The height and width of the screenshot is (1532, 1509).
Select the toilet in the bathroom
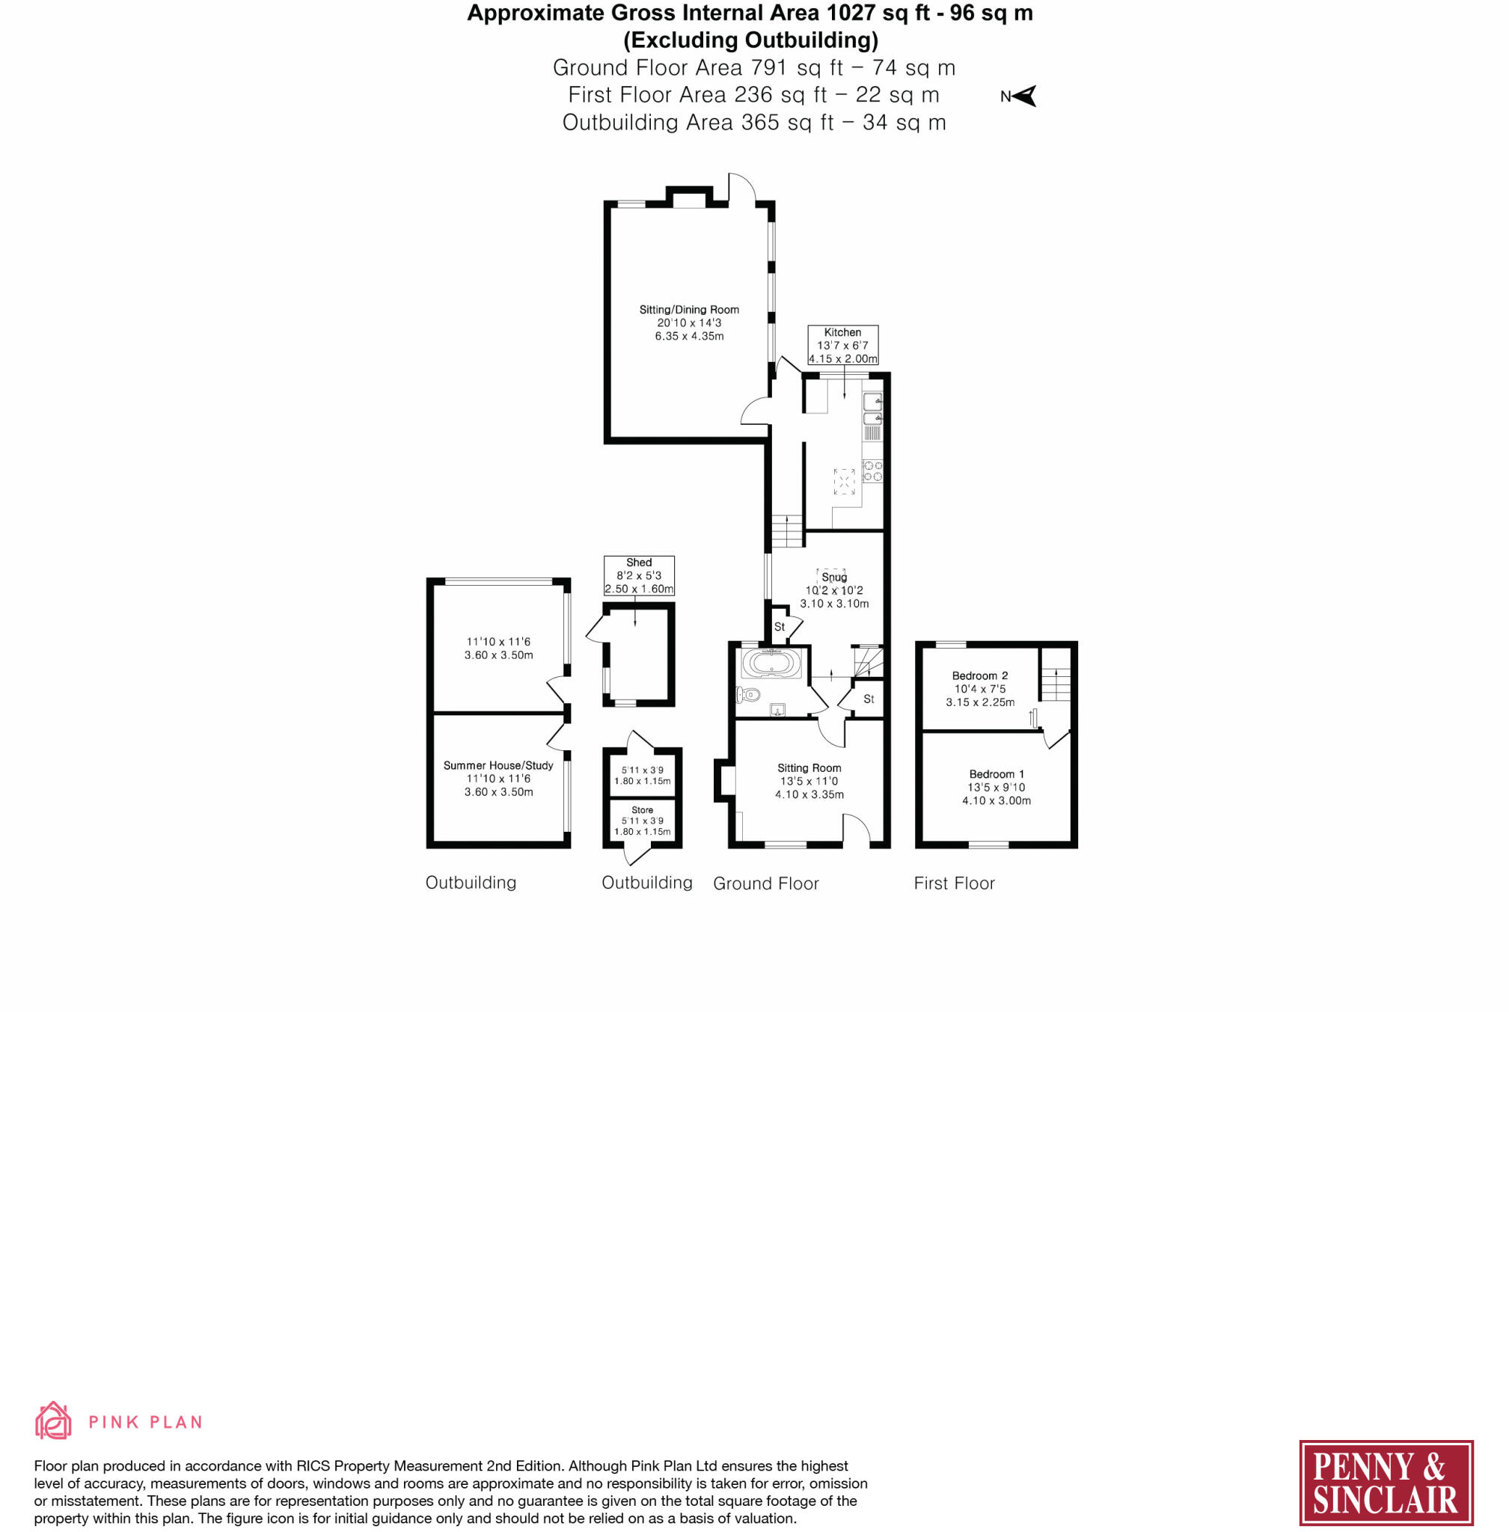point(748,695)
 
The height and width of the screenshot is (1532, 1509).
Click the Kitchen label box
point(842,345)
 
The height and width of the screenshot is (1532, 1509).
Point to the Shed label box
point(639,575)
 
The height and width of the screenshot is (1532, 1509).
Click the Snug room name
point(833,577)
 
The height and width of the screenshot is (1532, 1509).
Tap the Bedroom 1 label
point(997,773)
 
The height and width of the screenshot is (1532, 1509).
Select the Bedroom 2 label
point(979,675)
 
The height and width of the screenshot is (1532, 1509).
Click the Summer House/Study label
point(498,765)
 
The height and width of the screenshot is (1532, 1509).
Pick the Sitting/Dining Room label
point(689,309)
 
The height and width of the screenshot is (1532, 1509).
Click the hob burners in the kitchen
point(872,471)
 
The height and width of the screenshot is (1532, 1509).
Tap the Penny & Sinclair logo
point(1386,1482)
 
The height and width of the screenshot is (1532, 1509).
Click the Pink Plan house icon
point(53,1420)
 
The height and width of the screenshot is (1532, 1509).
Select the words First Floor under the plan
point(953,883)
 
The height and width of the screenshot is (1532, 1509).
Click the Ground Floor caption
point(765,883)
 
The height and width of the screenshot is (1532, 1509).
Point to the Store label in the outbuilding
point(642,810)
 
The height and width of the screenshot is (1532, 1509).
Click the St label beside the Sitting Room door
point(869,698)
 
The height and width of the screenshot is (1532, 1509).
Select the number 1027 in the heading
point(853,13)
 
